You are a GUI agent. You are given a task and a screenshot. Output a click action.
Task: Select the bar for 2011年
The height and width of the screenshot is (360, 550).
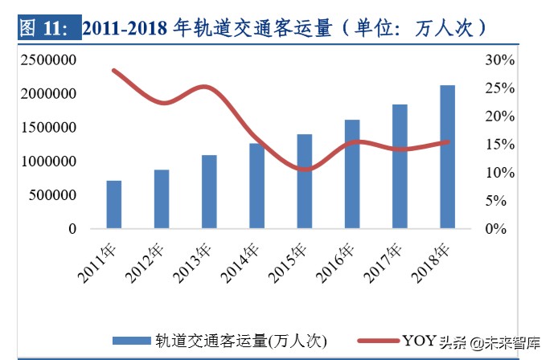[114, 205]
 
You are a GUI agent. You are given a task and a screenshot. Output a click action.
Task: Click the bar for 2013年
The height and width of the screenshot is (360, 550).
[209, 192]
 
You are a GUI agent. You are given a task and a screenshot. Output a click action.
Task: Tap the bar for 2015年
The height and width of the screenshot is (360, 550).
[304, 182]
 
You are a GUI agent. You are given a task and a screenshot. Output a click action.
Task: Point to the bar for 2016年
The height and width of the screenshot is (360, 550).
[352, 174]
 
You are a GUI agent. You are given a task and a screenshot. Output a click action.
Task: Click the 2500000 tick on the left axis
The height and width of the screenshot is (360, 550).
[49, 60]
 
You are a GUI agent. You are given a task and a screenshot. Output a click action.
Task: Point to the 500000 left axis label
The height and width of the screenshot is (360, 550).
[53, 195]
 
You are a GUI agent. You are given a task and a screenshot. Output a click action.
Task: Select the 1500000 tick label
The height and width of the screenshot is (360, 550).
[49, 128]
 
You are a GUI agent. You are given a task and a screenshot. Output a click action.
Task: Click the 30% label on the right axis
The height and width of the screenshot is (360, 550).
[500, 60]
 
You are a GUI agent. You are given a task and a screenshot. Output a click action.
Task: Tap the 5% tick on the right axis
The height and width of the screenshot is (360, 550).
[503, 201]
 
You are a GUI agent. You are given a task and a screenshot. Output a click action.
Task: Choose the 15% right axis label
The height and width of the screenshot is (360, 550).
[500, 145]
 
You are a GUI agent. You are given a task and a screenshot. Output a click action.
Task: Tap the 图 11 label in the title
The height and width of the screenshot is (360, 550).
[44, 28]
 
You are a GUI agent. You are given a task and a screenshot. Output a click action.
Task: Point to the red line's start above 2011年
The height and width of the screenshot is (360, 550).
[114, 70]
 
